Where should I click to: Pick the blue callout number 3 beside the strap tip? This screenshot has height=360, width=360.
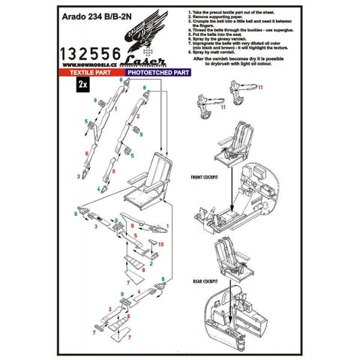pyautogui.click(x=77, y=176)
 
